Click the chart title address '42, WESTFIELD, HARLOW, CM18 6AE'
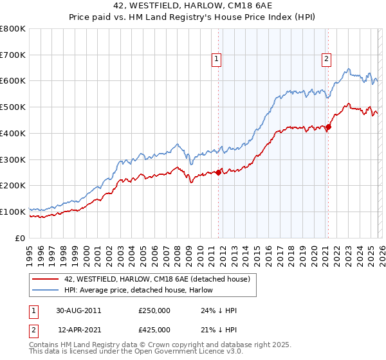coord(192,7)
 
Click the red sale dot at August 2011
coord(218,172)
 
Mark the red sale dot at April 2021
coord(328,127)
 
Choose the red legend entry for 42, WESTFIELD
coord(161,279)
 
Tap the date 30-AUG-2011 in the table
coord(78,310)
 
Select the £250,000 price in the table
coord(154,310)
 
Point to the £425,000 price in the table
coord(154,330)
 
